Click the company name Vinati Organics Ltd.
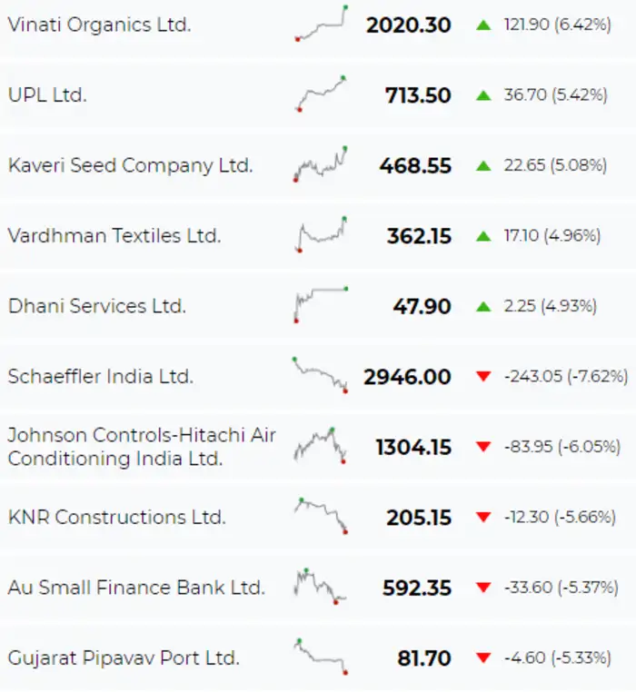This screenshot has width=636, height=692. [x=99, y=25]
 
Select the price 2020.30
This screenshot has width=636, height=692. [x=408, y=25]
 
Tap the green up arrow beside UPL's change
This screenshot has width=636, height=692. [x=483, y=94]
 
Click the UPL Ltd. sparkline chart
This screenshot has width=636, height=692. [x=321, y=94]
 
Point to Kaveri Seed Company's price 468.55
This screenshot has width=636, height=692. [x=415, y=166]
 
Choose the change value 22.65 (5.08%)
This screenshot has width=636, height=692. [x=556, y=165]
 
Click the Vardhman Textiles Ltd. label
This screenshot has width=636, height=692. [x=114, y=236]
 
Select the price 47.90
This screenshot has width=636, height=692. [x=422, y=307]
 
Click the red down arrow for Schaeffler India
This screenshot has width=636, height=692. [x=483, y=376]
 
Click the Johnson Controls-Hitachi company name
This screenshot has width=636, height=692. [x=142, y=447]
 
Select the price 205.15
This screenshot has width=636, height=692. [x=415, y=518]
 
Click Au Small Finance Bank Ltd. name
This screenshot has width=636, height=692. [x=136, y=588]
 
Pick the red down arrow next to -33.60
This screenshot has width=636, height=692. [x=483, y=588]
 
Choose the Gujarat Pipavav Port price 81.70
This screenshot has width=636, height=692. [x=423, y=658]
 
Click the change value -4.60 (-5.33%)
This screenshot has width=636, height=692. [x=557, y=657]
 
